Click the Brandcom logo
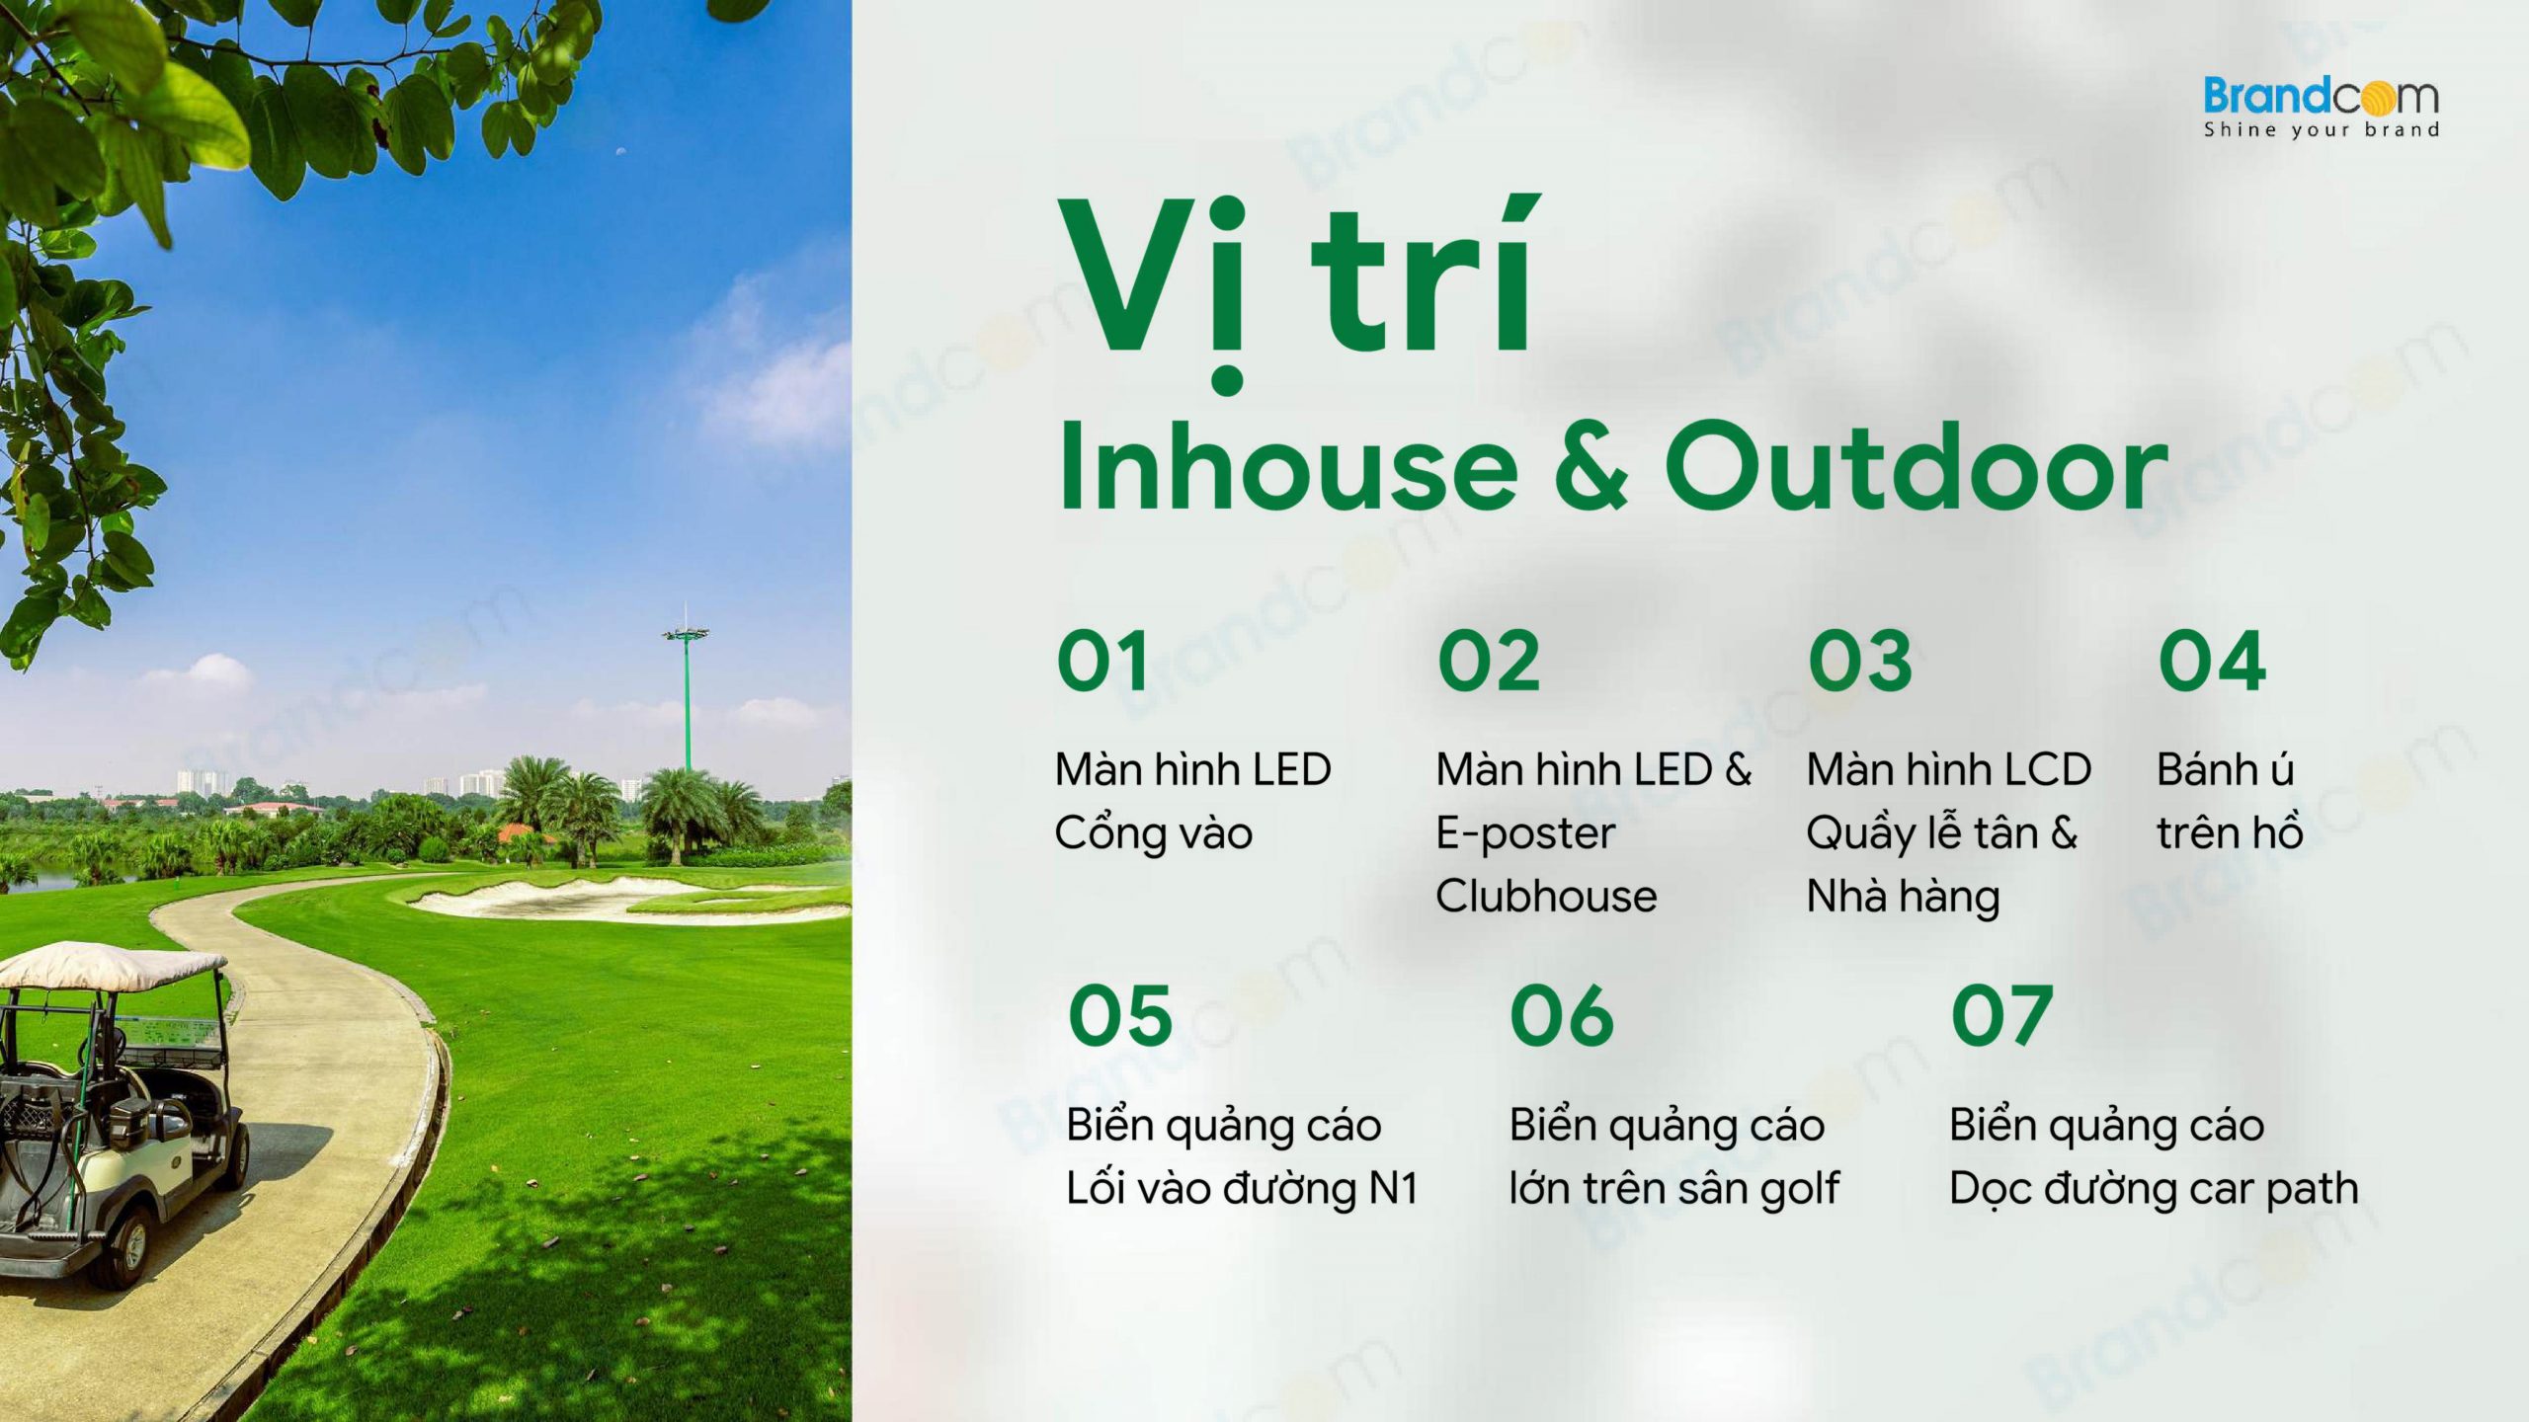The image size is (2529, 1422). [x=2321, y=107]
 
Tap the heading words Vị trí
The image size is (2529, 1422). [x=1295, y=286]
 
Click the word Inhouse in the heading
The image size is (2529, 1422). [x=1288, y=466]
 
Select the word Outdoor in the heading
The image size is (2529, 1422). [x=1917, y=466]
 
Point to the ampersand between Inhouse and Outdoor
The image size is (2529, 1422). [x=1591, y=467]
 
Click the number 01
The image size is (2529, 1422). [x=1102, y=661]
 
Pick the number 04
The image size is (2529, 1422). [x=2212, y=661]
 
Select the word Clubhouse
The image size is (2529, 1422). [x=1546, y=896]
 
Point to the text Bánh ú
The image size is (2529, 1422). [x=2225, y=769]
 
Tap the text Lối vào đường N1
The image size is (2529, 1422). [x=1242, y=1188]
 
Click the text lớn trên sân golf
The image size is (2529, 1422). [x=1673, y=1189]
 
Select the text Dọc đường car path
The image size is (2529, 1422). [x=2154, y=1189]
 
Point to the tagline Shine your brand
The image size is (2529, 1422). [x=2321, y=129]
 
